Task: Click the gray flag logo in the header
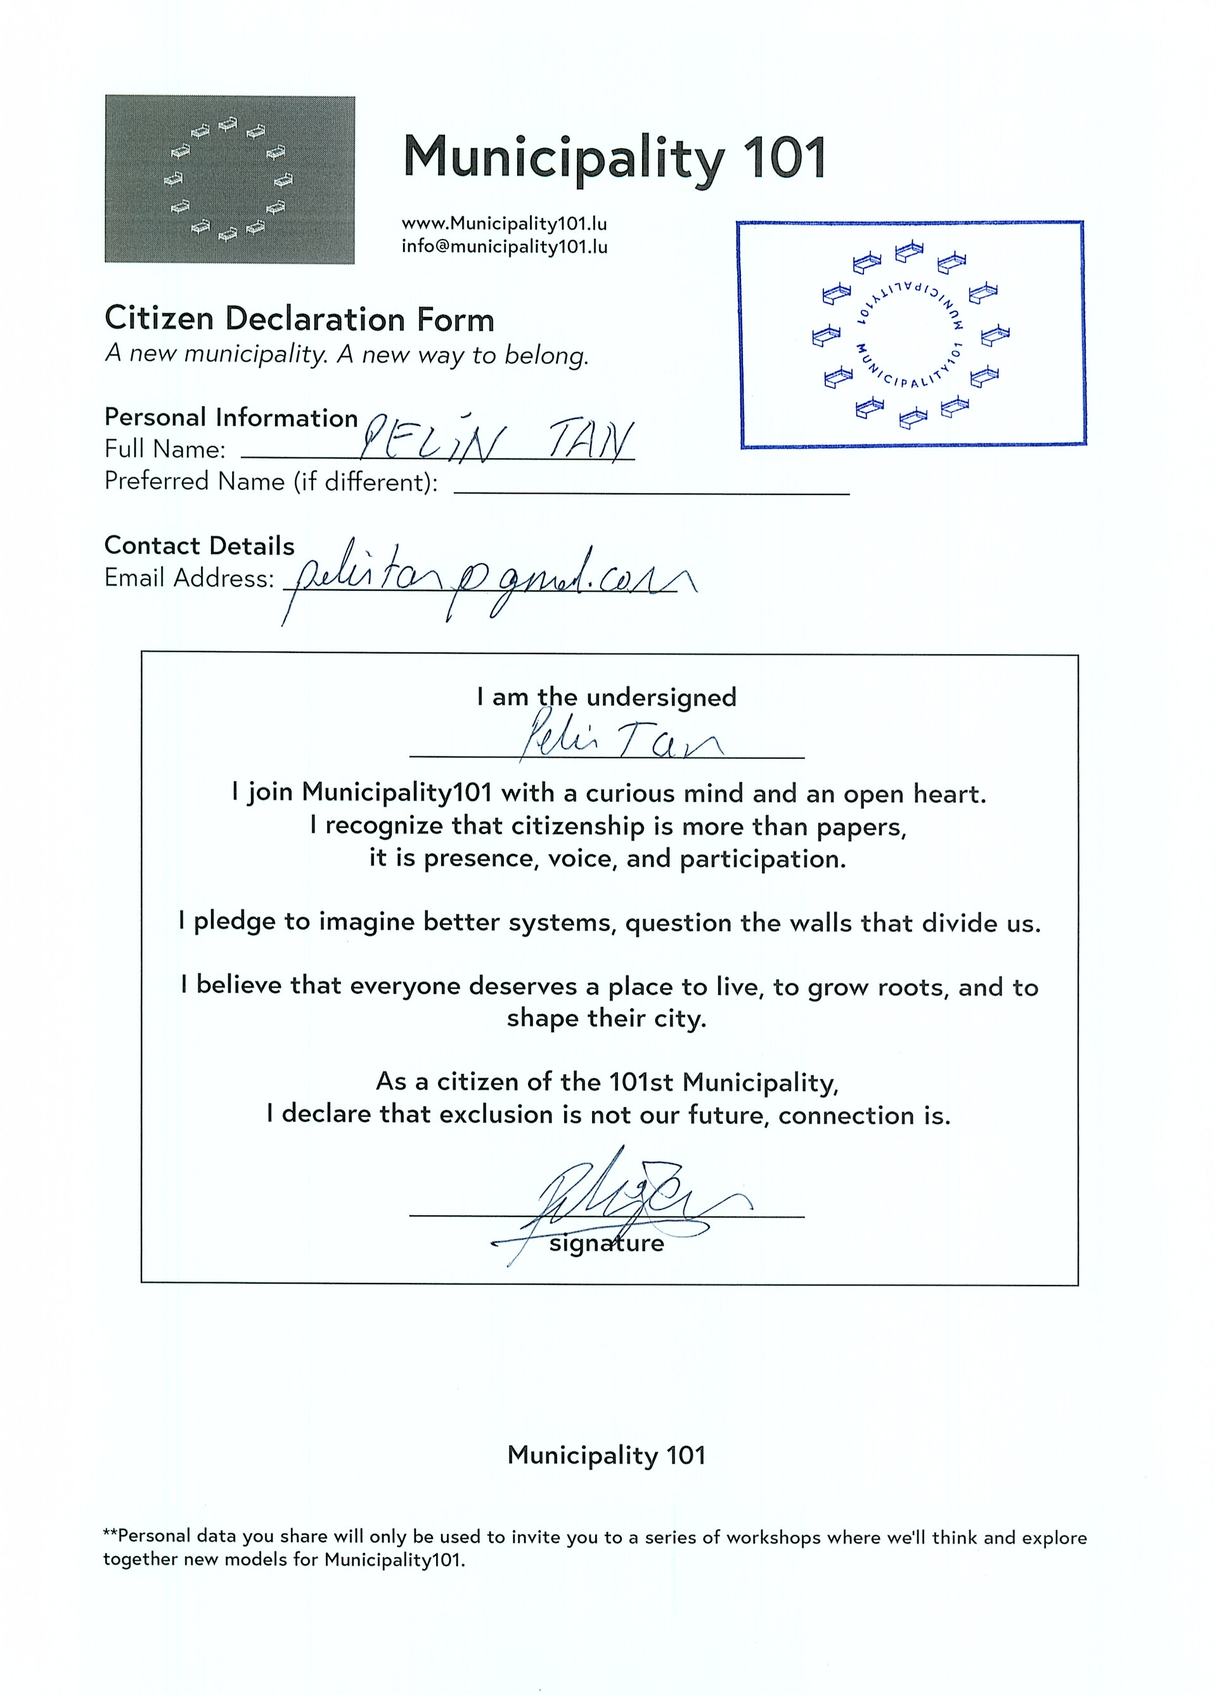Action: coord(229,179)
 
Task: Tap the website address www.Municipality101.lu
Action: coord(504,224)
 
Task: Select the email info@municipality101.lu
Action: coord(504,247)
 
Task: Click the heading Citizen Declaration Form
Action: coord(299,319)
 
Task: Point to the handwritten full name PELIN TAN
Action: coord(497,442)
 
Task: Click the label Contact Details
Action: coord(200,546)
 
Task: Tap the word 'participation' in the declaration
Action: coord(763,860)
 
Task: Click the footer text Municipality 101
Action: coord(606,1455)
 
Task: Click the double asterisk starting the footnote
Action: coord(110,1532)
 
